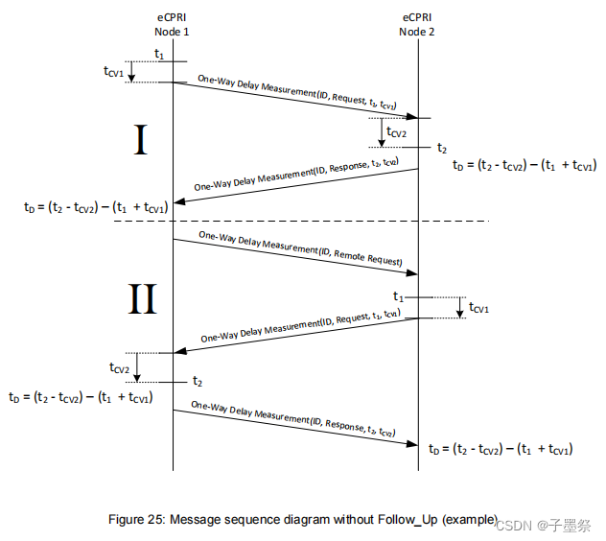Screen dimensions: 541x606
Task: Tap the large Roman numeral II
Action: coord(142,299)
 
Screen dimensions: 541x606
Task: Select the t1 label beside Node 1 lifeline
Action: coord(159,55)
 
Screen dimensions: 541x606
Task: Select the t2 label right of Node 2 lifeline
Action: coord(441,148)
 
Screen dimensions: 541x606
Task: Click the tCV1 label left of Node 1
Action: coord(113,71)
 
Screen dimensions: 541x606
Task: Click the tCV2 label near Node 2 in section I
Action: coord(398,131)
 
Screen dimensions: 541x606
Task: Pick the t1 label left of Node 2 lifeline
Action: coord(400,296)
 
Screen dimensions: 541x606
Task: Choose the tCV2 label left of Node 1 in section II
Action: coord(120,367)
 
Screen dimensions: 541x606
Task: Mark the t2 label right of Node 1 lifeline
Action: coord(198,382)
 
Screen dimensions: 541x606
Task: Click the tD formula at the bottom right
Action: coord(501,448)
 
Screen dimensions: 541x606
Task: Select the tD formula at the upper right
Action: coord(524,164)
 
